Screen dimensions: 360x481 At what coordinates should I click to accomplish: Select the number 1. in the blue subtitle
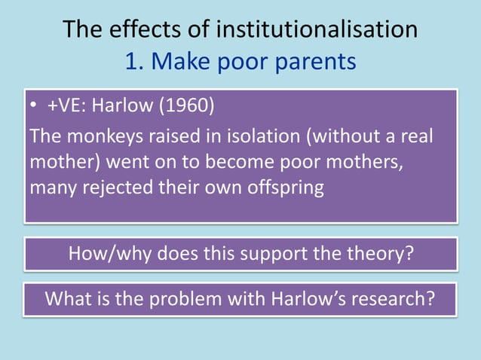135,61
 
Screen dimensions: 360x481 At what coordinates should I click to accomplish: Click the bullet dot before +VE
34,106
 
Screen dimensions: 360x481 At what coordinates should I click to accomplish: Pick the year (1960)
185,105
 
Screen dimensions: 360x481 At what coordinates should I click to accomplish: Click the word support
268,254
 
